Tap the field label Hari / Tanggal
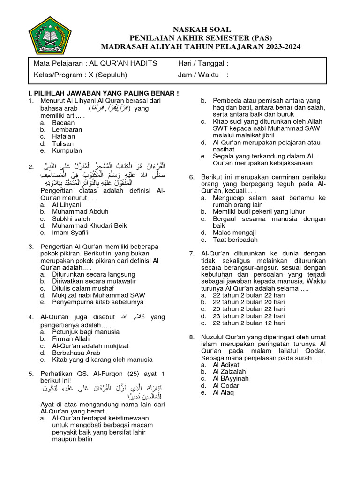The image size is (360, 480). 203,64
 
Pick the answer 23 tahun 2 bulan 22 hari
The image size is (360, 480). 248,316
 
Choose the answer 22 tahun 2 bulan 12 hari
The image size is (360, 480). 248,323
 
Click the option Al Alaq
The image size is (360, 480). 223,392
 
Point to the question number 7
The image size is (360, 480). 192,254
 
